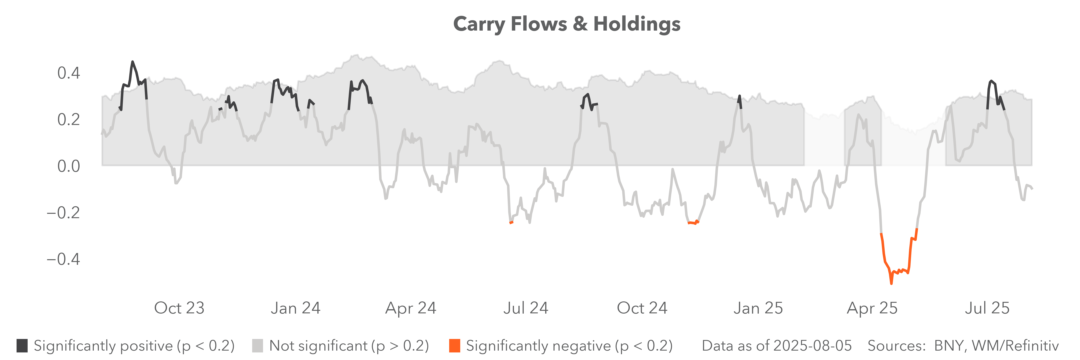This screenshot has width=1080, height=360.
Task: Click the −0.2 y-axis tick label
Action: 63,212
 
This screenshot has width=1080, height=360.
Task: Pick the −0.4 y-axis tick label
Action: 63,259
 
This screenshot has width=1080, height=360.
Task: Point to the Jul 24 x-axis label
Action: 526,308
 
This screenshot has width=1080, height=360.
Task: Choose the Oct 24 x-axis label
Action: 642,308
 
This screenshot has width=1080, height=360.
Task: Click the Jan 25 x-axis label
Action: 758,308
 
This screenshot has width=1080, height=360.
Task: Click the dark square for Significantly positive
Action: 22,346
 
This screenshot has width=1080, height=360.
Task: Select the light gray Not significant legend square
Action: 257,346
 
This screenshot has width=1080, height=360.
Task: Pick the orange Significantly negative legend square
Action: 454,346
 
